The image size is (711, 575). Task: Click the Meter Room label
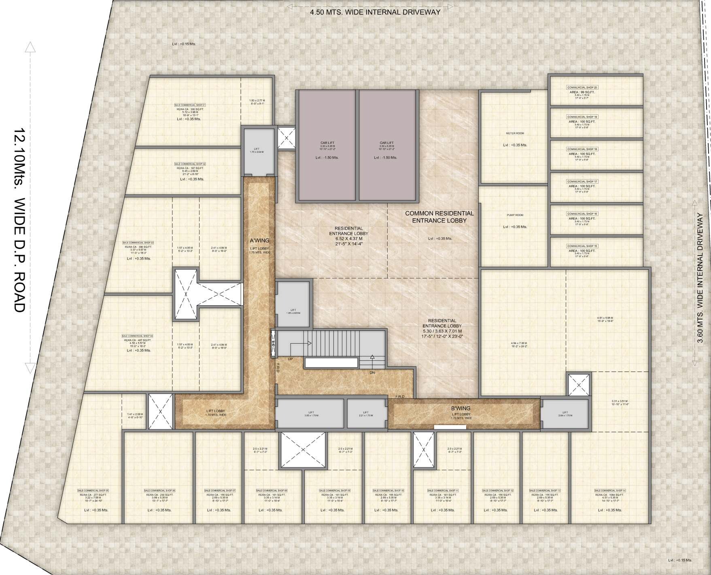(515, 133)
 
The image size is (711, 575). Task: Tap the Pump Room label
(515, 215)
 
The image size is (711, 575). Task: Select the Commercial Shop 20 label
(582, 87)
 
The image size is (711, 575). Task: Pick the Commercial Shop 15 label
(582, 246)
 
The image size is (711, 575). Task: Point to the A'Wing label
(259, 241)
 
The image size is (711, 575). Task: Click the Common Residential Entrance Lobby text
(439, 217)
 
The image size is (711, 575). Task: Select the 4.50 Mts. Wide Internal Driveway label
(375, 12)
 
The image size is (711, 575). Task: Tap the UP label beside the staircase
(290, 359)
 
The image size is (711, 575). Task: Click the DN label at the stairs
(372, 372)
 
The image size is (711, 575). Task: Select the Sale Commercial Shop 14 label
(610, 490)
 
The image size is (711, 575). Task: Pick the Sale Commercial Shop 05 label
(93, 490)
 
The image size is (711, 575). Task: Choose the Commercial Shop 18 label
(582, 149)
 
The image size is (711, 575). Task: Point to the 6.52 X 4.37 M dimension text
(346, 239)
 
